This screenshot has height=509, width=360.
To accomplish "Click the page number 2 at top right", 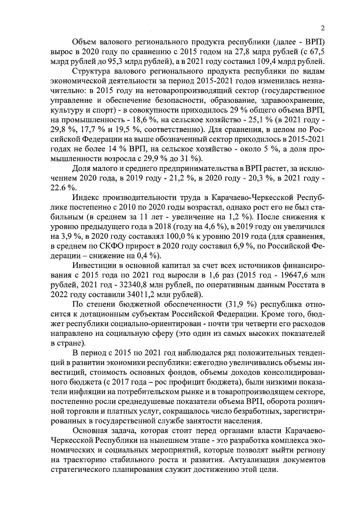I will [x=323, y=28].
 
